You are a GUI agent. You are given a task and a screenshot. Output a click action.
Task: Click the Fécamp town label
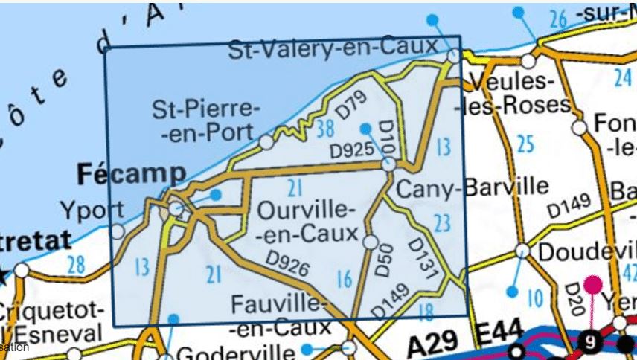pyautogui.click(x=131, y=175)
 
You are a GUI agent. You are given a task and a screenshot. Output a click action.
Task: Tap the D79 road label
pyautogui.click(x=350, y=104)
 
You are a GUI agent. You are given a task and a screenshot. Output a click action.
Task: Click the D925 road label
pyautogui.click(x=351, y=150)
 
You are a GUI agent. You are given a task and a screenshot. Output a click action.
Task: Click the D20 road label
pyautogui.click(x=572, y=297)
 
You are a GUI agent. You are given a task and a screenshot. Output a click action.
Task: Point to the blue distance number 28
pyautogui.click(x=75, y=263)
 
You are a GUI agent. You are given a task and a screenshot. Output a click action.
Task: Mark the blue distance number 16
pyautogui.click(x=343, y=280)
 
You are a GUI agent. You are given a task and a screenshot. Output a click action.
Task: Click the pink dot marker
pyautogui.click(x=592, y=284)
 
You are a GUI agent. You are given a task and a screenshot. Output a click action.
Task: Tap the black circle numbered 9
pyautogui.click(x=590, y=343)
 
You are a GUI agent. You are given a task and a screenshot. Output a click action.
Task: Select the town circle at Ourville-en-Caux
pyautogui.click(x=370, y=242)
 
